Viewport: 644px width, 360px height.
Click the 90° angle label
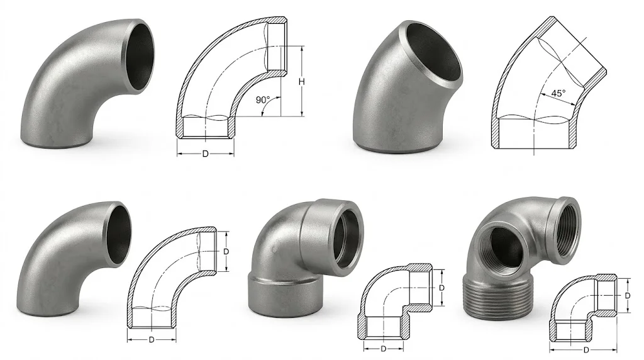click(x=263, y=100)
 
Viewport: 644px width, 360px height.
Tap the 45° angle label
click(x=557, y=93)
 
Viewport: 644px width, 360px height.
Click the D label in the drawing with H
click(x=205, y=154)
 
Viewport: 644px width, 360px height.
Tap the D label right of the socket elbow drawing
click(x=442, y=288)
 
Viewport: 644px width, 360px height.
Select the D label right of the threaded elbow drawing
click(x=627, y=295)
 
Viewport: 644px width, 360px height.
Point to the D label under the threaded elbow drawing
click(x=586, y=350)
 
